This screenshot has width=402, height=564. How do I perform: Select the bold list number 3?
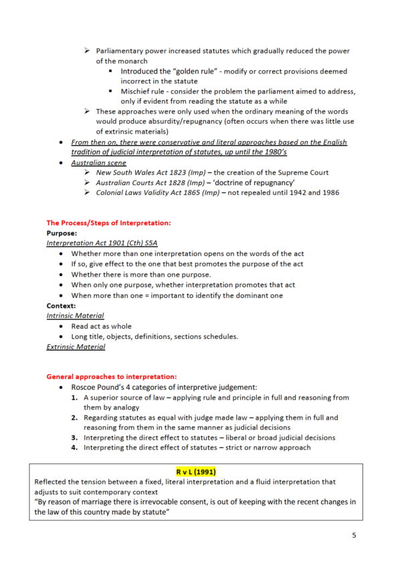tap(75, 438)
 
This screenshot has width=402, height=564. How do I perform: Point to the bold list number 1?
tap(75, 398)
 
